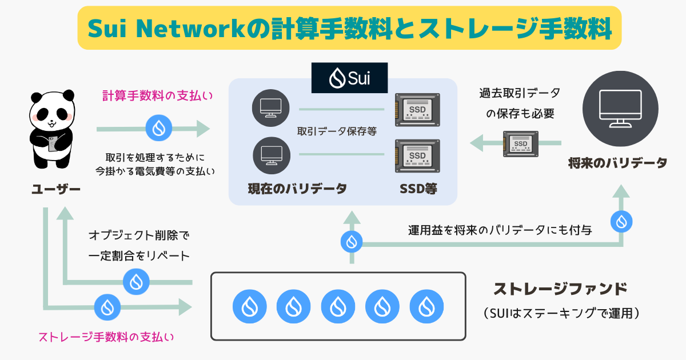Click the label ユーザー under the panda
(x=56, y=190)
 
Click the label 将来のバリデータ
(x=618, y=163)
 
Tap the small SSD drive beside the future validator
(x=520, y=143)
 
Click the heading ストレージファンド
(x=560, y=289)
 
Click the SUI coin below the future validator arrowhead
(x=621, y=221)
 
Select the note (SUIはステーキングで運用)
(x=560, y=314)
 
